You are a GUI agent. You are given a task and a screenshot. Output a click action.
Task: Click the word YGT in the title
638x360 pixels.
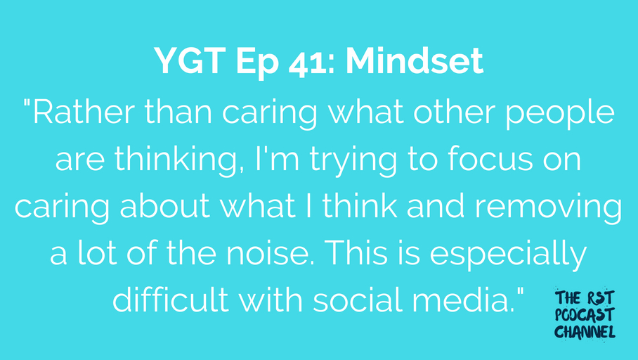click(190, 61)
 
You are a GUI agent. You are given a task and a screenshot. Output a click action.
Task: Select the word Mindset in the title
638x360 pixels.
click(415, 61)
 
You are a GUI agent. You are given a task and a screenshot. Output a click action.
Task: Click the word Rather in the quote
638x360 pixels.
click(84, 112)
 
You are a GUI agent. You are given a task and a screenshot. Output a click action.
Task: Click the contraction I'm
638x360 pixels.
click(278, 158)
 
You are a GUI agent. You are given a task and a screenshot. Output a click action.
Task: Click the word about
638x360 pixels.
click(165, 205)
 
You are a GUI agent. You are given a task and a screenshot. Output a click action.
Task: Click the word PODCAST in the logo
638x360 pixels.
click(585, 315)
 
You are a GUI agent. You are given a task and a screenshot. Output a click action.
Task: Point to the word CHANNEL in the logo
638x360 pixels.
click(585, 331)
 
